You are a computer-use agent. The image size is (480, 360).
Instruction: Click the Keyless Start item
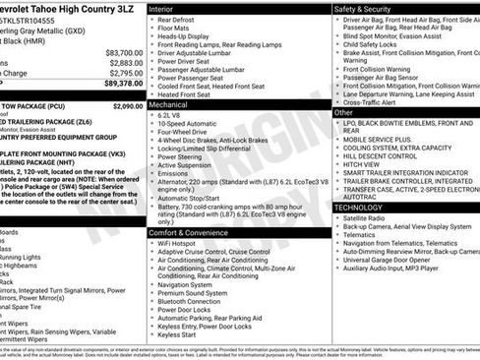click(177, 335)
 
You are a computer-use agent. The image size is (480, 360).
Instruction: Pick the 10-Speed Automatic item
click(187, 125)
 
